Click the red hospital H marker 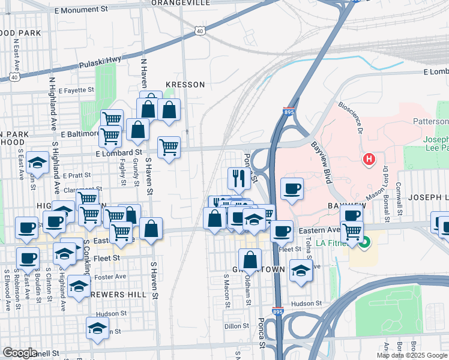click(369, 160)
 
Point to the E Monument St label click(80, 10)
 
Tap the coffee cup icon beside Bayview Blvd click(292, 189)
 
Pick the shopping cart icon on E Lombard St click(169, 146)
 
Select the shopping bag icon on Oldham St click(250, 259)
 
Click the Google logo click(20, 353)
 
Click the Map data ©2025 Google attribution click(412, 355)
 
